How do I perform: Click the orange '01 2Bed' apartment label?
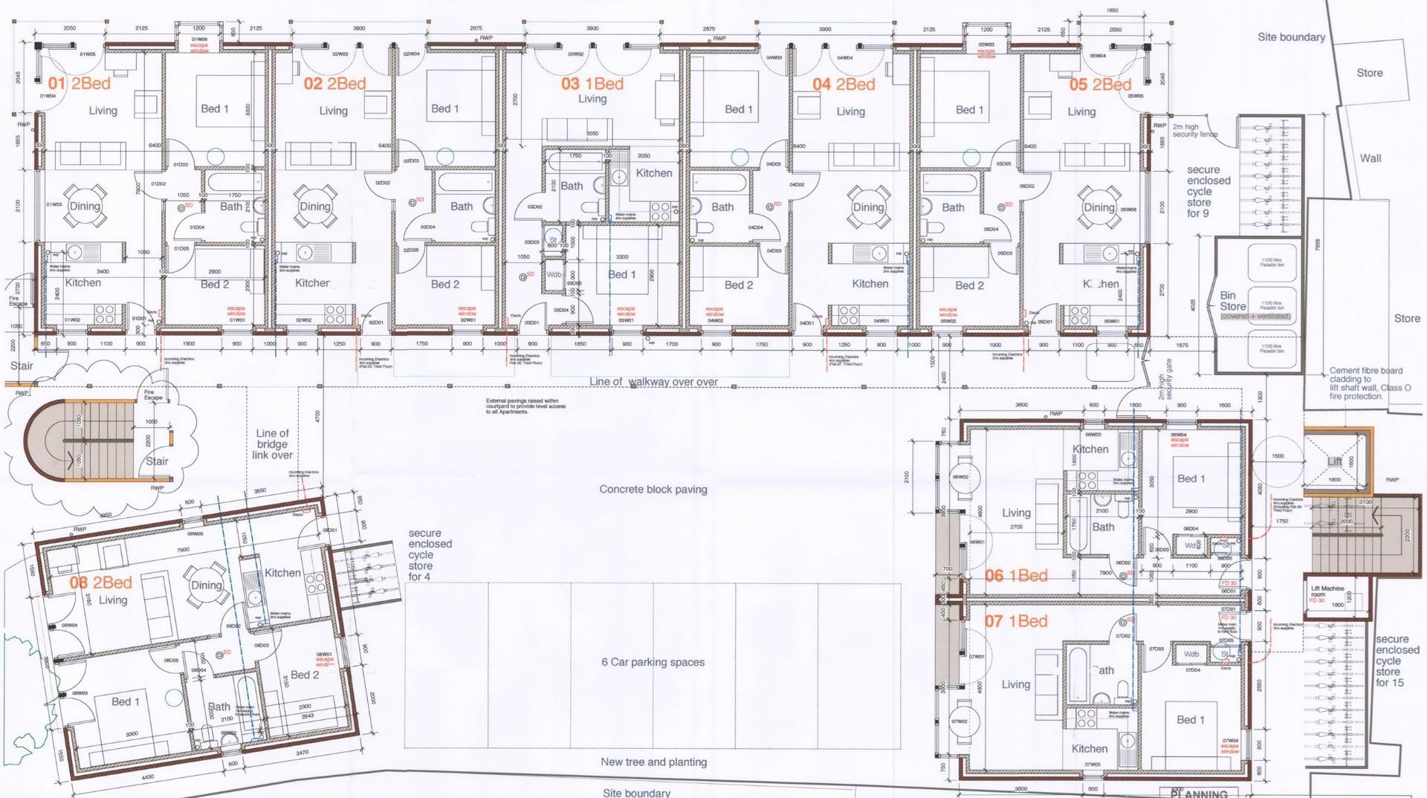[79, 84]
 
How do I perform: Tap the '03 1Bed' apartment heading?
[592, 84]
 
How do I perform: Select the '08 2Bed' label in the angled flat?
[100, 583]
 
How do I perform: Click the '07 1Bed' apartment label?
[1016, 621]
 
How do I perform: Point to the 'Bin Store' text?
[1232, 301]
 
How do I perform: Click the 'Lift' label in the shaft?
[1335, 461]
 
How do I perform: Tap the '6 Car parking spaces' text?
[653, 662]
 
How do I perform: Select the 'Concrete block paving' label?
[653, 490]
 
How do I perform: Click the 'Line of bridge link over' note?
[272, 444]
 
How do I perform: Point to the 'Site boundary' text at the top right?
[1291, 37]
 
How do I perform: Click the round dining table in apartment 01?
[85, 207]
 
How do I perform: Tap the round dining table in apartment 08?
[206, 585]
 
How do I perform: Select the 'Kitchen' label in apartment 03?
[653, 173]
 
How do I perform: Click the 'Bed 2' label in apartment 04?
[738, 285]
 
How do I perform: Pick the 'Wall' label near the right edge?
[1371, 158]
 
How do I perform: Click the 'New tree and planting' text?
[653, 762]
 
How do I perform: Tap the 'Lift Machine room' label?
[1327, 592]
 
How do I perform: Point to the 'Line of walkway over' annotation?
[653, 382]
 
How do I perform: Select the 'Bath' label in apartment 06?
[1103, 528]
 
